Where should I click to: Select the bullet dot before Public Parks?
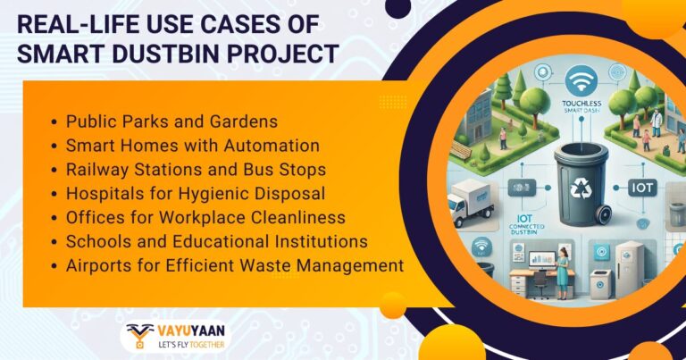coord(56,121)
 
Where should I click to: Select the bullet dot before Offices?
coord(56,217)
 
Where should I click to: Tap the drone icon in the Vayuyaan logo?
coord(140,336)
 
